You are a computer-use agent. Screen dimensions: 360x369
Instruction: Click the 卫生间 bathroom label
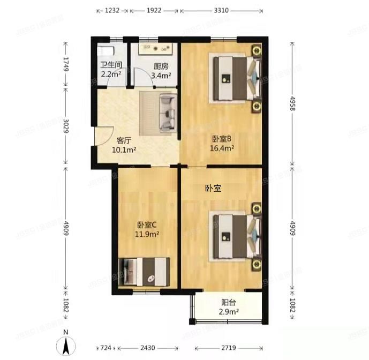(111, 65)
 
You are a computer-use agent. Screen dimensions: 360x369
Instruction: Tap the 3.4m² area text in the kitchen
(161, 76)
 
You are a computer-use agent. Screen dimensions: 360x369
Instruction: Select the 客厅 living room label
(124, 140)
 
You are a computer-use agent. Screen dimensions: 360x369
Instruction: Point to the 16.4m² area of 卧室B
(222, 148)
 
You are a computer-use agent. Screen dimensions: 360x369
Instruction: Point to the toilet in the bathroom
(105, 51)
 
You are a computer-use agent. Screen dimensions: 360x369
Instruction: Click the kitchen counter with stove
(155, 47)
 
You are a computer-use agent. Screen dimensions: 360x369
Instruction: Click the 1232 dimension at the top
(112, 10)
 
